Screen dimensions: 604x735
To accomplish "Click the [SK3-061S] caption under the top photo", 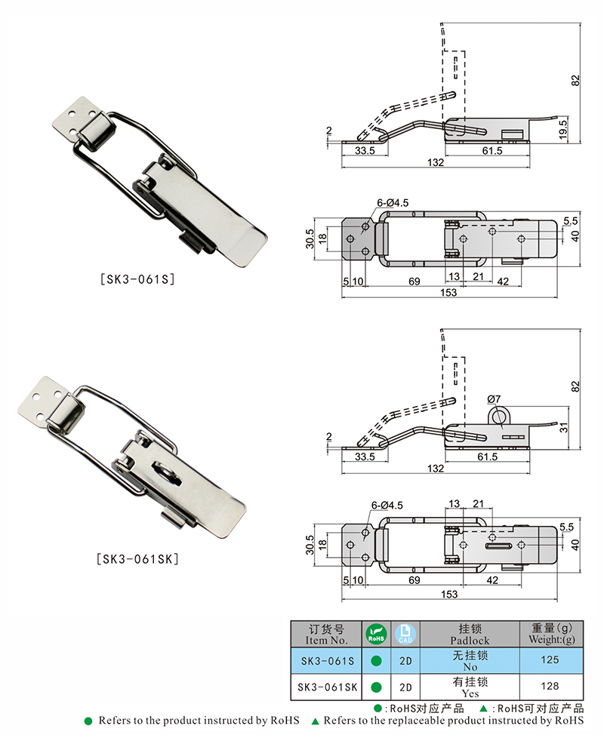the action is point(138,279).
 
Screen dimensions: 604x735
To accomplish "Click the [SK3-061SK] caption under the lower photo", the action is point(137,558).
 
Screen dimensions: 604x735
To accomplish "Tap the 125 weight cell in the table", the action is point(550,660).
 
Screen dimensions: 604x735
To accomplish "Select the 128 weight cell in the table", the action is point(550,686).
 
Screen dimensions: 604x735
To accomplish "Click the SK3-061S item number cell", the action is point(328,661).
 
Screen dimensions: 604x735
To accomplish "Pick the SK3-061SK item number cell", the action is point(328,687).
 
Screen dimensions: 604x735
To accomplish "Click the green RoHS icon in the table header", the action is point(376,634).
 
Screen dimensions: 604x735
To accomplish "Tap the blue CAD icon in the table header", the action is point(405,634).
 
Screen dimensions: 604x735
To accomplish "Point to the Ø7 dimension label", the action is point(494,399).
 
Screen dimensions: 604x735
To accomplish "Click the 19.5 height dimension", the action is point(563,129).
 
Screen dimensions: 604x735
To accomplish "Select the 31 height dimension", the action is point(563,427).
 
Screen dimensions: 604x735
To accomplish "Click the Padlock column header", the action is point(470,634).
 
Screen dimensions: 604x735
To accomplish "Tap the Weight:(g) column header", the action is point(551,633).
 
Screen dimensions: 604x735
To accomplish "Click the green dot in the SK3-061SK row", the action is point(376,687).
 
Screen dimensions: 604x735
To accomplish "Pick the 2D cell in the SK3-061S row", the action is point(405,661).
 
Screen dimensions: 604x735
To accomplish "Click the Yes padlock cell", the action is point(470,687).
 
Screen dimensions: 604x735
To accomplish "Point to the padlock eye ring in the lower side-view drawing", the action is point(498,415).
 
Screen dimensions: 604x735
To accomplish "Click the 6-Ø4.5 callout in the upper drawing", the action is point(393,203).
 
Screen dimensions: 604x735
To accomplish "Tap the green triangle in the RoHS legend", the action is point(483,708).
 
